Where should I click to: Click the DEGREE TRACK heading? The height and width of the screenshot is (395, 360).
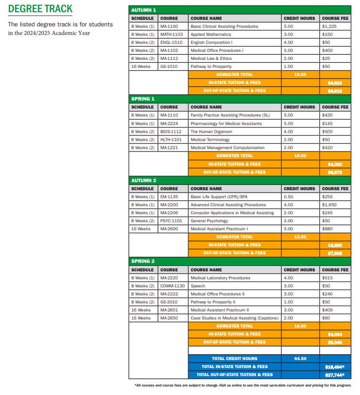[41, 9]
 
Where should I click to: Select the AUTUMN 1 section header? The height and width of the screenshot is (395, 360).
[143, 10]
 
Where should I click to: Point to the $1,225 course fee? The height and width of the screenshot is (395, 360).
[329, 26]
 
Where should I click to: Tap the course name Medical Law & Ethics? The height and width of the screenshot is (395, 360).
[211, 59]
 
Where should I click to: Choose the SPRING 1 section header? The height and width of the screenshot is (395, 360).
[143, 99]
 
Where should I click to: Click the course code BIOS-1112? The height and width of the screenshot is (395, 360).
[171, 132]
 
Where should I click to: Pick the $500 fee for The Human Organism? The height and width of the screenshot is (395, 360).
[327, 132]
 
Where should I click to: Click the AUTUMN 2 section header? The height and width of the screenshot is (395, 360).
[144, 180]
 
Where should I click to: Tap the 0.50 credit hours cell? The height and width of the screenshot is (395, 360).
[288, 197]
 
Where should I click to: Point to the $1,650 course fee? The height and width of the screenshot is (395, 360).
[329, 205]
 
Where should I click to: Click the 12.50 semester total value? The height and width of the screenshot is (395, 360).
[300, 237]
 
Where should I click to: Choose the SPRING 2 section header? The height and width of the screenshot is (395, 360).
[143, 261]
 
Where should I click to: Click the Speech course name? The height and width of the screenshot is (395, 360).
[198, 286]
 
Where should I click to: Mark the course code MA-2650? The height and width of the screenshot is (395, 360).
[169, 318]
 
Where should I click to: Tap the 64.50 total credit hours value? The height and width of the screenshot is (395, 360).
[300, 359]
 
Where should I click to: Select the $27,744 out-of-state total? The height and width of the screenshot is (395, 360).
[335, 375]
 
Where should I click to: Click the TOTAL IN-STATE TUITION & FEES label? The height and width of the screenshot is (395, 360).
[234, 367]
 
